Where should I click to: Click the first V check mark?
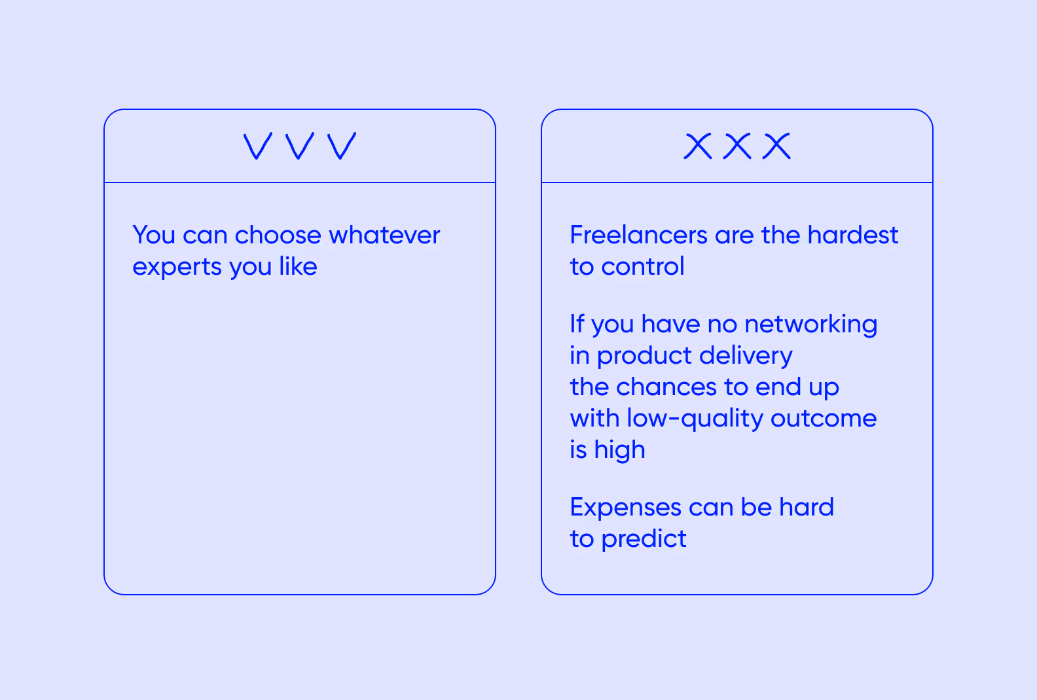(x=257, y=146)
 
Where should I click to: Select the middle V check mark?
(x=300, y=146)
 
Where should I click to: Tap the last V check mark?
(x=342, y=146)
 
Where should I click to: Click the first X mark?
(x=698, y=146)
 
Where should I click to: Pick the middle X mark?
(x=737, y=146)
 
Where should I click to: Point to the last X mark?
(x=777, y=146)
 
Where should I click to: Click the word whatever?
(x=384, y=235)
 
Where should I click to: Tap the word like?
(x=298, y=266)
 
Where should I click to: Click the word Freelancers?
(x=638, y=235)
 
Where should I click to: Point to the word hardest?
(x=852, y=235)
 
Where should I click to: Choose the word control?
(x=643, y=266)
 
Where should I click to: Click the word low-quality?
(x=695, y=419)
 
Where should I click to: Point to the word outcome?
(x=824, y=418)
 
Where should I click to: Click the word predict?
(x=644, y=539)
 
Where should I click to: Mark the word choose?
(x=278, y=235)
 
